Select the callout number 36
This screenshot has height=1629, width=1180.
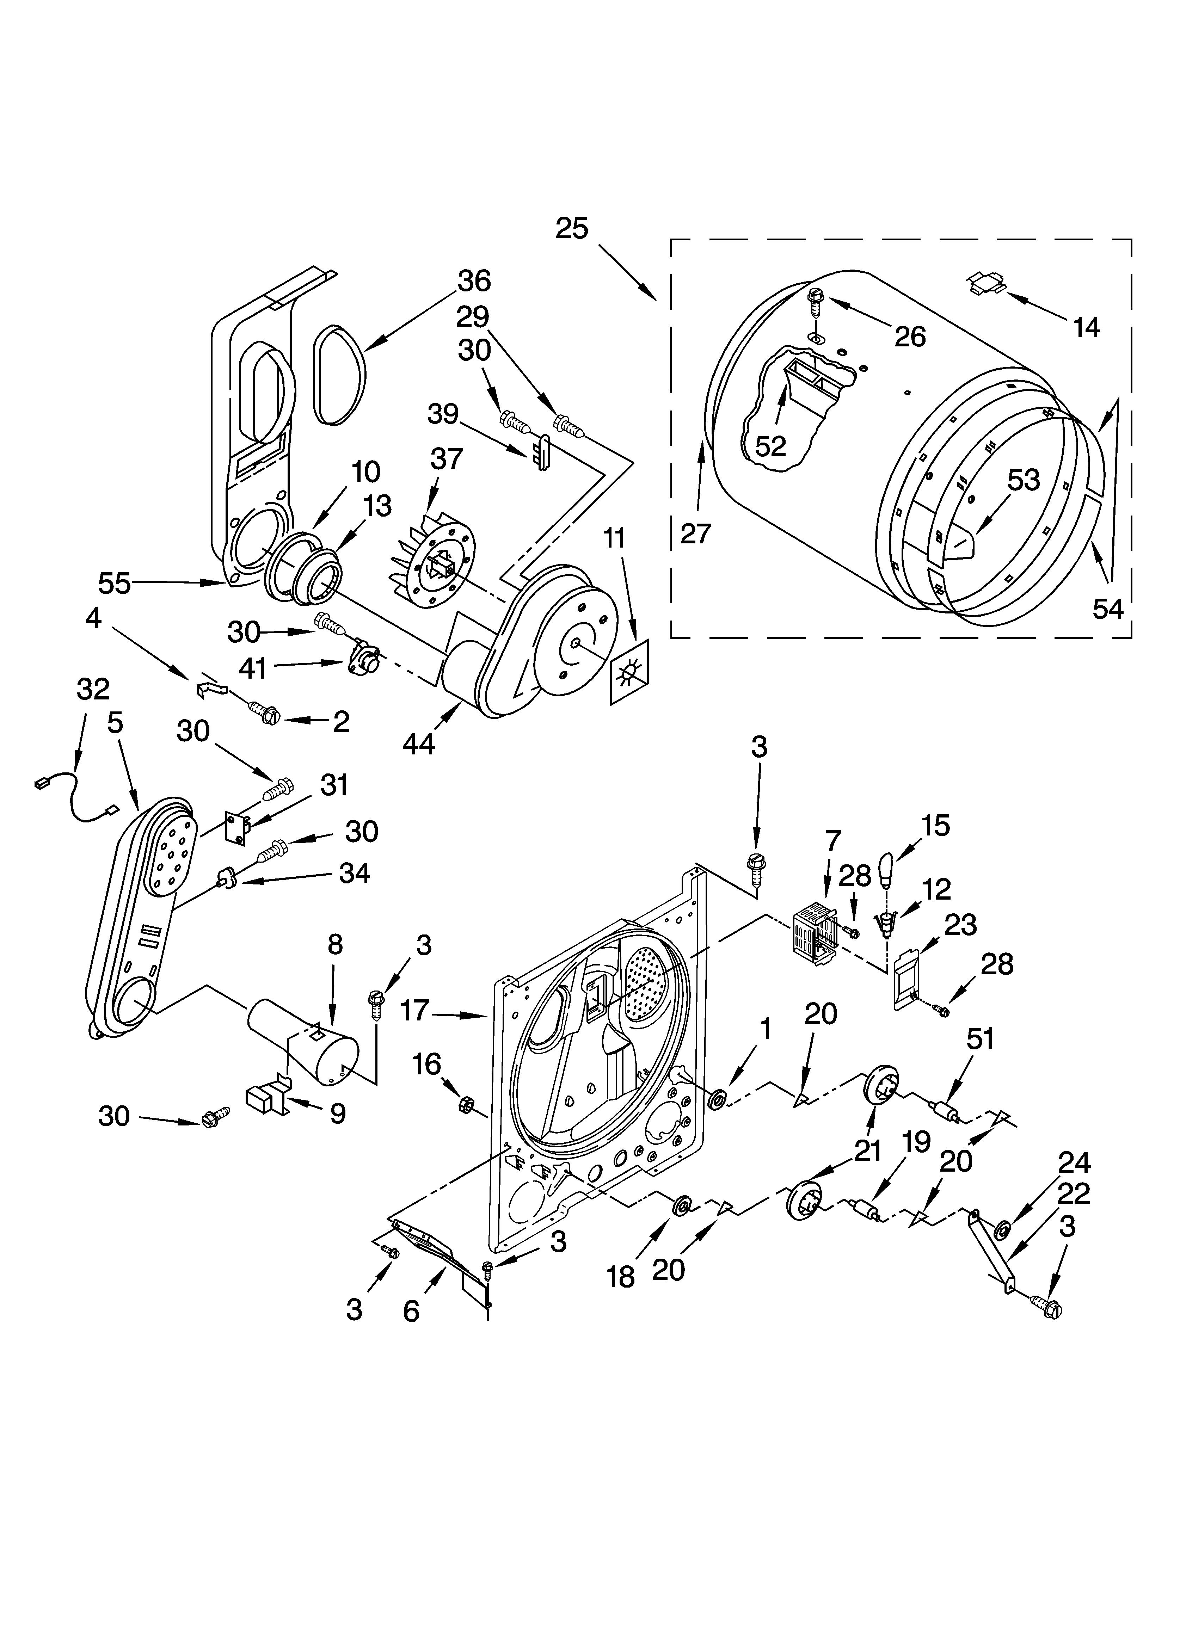[x=474, y=281]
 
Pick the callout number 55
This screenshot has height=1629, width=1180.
[x=115, y=583]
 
